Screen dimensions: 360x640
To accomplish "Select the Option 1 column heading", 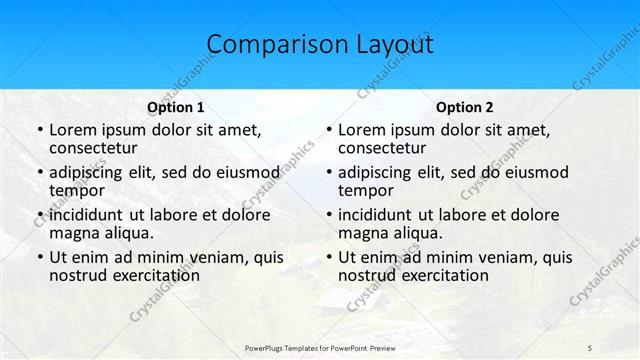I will [x=176, y=107].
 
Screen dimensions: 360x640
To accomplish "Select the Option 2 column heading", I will [x=464, y=107].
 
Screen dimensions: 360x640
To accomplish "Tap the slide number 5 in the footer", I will [x=589, y=347].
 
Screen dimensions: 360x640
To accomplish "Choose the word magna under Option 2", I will [x=363, y=233].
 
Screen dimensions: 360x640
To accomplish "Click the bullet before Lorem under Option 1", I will [x=38, y=130].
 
